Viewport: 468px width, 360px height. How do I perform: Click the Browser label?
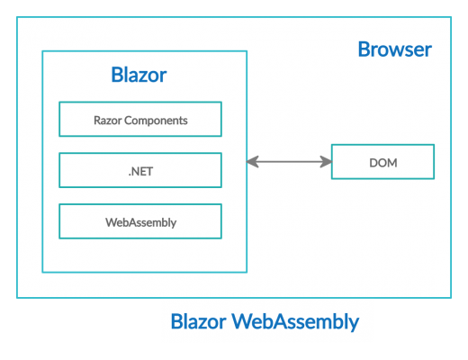coord(394,49)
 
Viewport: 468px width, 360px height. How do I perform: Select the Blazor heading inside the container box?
coord(139,75)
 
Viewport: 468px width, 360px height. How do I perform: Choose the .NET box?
coord(139,170)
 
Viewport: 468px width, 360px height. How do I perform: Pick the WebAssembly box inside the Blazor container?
coord(139,221)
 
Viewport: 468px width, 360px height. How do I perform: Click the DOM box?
coord(382,162)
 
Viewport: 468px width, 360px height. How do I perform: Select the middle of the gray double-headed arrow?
coord(289,162)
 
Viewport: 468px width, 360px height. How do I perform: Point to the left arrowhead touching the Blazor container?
coord(252,162)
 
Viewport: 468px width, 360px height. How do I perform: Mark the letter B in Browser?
coord(364,49)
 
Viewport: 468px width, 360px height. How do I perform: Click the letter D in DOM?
coord(373,163)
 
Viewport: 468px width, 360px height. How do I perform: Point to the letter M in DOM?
coord(392,163)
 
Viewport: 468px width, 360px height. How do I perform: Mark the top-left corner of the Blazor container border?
coord(42,51)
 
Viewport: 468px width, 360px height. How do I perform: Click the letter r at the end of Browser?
coord(427,49)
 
